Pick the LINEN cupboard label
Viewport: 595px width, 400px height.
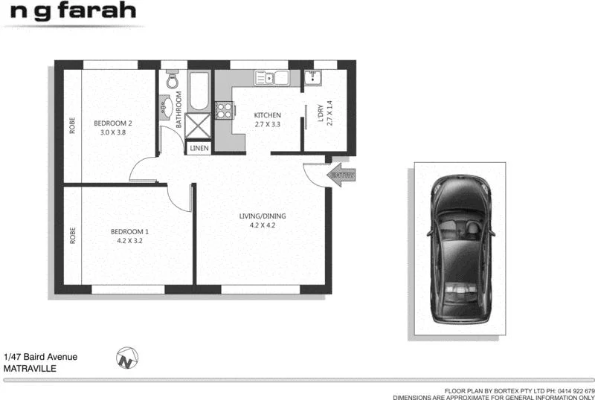point(199,149)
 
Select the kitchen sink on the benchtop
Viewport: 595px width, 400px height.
point(272,77)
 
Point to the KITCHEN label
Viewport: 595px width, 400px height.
point(268,115)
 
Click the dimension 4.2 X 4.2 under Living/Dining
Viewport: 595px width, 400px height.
point(262,225)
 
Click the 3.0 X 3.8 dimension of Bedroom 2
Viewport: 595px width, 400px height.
point(112,132)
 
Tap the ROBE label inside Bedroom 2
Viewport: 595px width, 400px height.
point(73,127)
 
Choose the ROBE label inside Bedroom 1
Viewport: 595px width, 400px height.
point(73,236)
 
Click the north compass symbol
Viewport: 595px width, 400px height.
point(128,358)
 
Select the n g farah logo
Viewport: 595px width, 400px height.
point(71,11)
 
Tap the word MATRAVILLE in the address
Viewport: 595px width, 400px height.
point(30,368)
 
